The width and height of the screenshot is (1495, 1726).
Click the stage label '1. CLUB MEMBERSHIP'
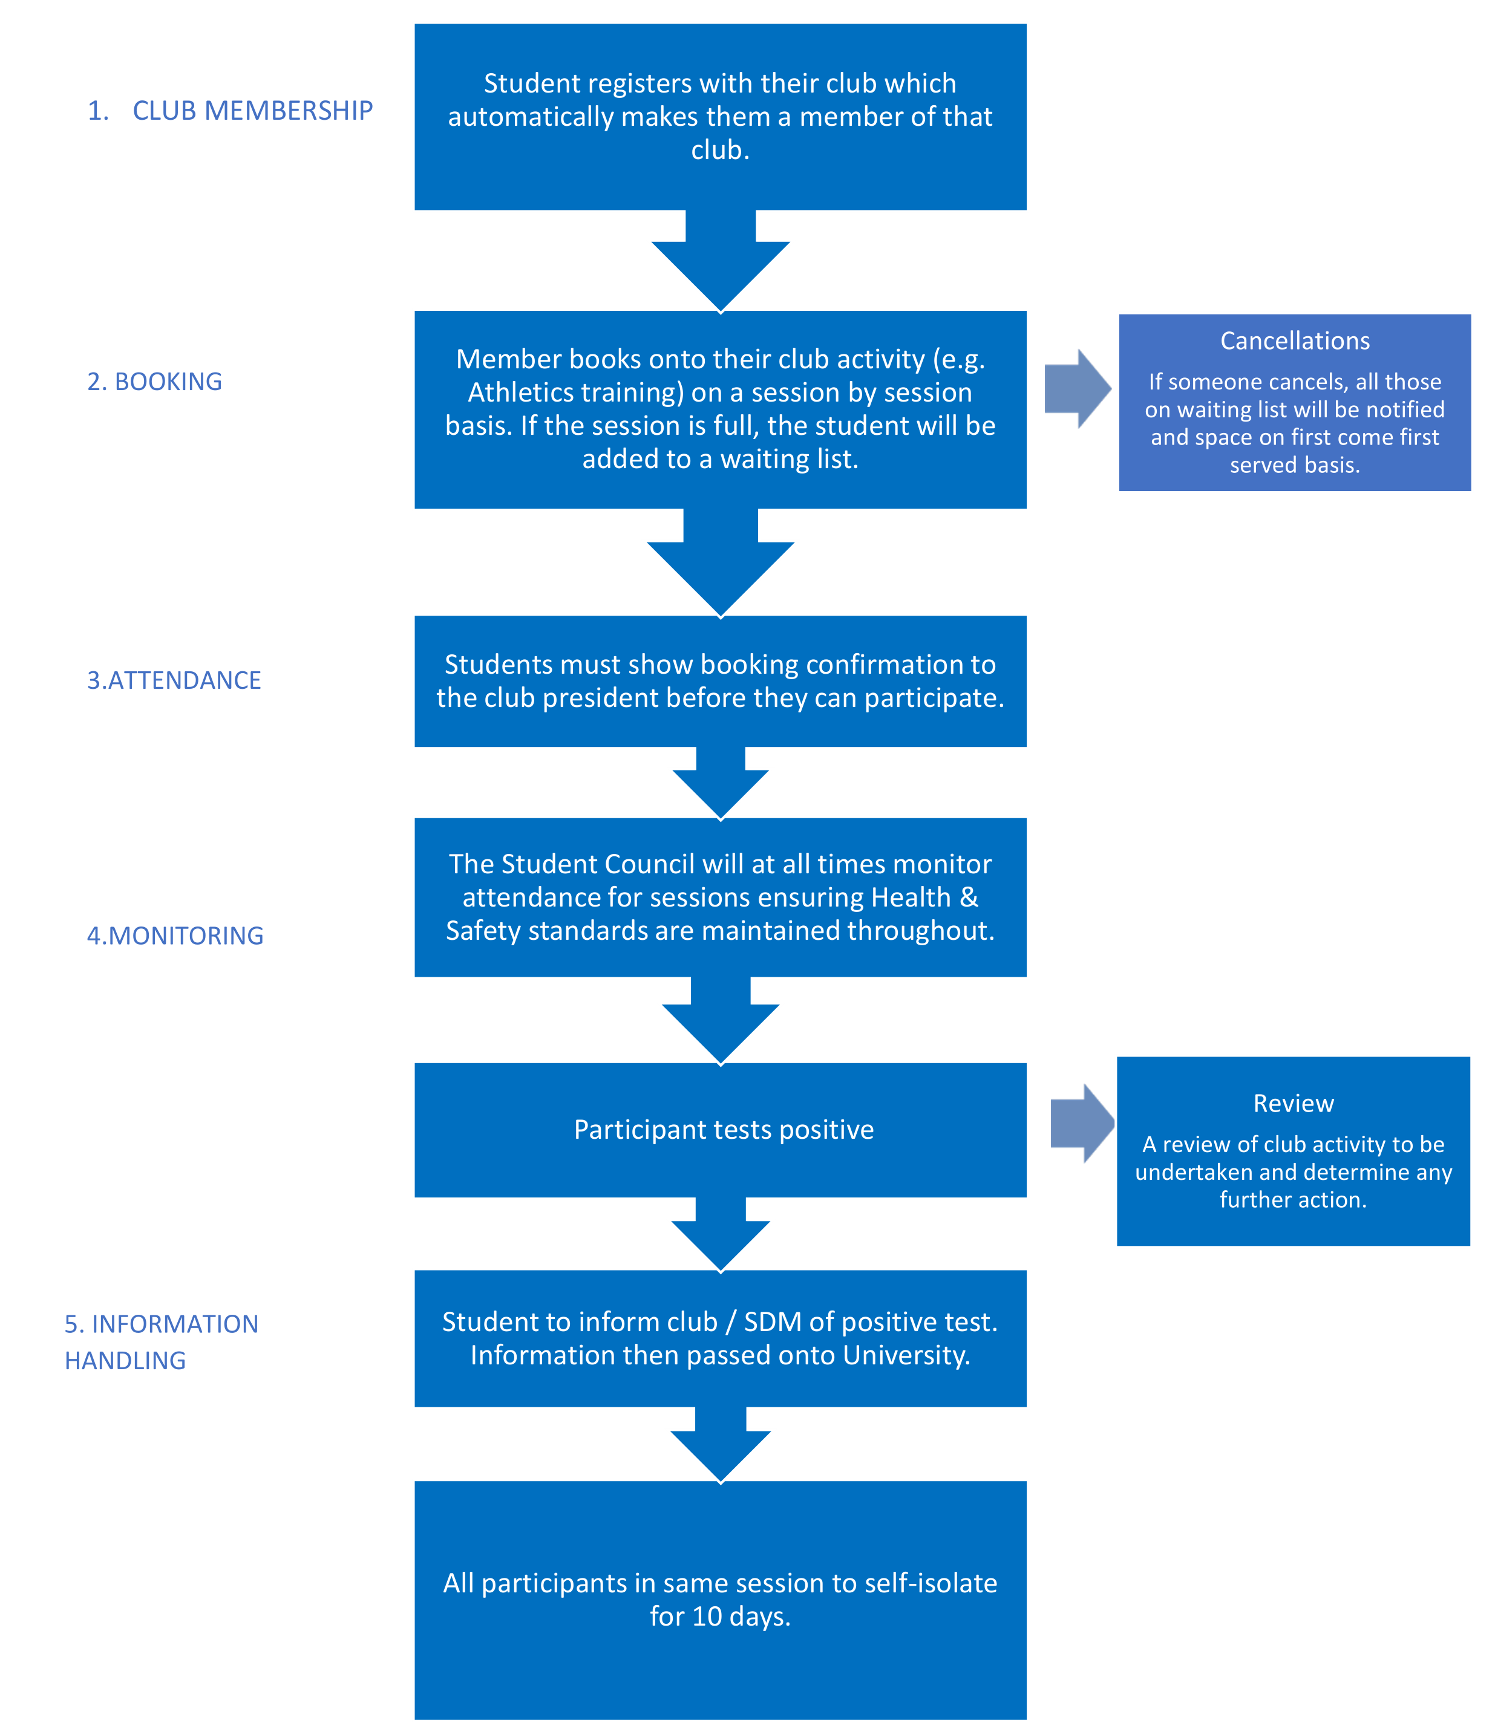[x=231, y=111]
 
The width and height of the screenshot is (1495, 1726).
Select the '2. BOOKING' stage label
[x=154, y=382]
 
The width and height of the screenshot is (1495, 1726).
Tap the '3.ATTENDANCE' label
[x=174, y=680]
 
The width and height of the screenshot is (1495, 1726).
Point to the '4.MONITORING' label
[x=175, y=936]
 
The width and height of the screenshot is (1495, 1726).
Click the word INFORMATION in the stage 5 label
[x=175, y=1324]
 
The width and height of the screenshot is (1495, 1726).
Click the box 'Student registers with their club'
[x=721, y=117]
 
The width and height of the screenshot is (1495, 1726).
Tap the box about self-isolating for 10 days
[x=721, y=1600]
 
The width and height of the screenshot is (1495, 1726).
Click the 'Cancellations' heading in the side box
[x=1295, y=341]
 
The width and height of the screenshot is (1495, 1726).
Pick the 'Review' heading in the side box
[x=1294, y=1104]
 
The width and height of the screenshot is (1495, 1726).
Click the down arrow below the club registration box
[x=721, y=261]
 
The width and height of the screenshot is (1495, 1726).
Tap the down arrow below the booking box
[x=721, y=563]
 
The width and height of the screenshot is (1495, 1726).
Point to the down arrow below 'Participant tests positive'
[x=721, y=1234]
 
